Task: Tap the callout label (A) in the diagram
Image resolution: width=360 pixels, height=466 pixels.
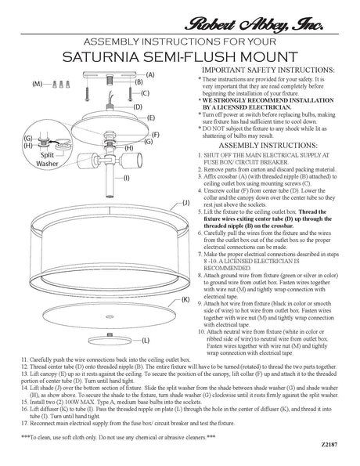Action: pos(149,73)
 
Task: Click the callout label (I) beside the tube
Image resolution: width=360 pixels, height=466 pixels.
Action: pos(127,177)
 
